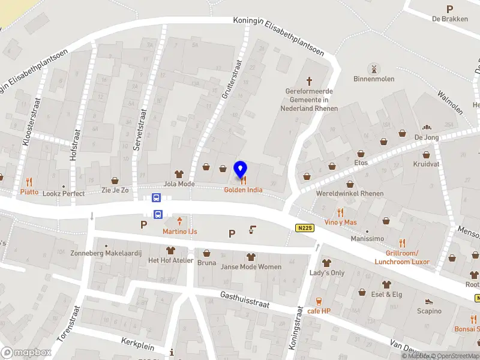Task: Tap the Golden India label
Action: point(243,190)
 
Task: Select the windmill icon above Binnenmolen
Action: point(373,69)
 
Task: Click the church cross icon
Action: point(310,80)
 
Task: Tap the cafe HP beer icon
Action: point(319,301)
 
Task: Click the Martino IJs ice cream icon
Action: point(179,222)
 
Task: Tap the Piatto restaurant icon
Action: point(29,181)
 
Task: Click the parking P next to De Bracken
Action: point(449,9)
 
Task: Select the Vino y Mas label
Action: point(340,222)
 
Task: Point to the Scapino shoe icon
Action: point(429,301)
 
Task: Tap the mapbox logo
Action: point(26,352)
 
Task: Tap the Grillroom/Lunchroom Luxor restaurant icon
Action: point(402,243)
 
